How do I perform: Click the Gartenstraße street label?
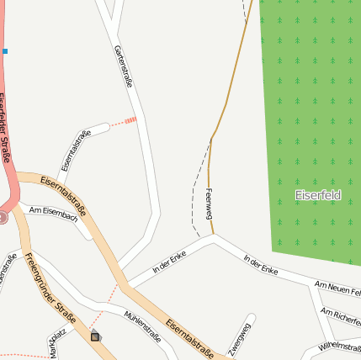pyautogui.click(x=123, y=66)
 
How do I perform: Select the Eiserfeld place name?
pyautogui.click(x=318, y=195)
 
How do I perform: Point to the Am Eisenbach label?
pyautogui.click(x=53, y=214)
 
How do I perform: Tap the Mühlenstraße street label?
pyautogui.click(x=142, y=326)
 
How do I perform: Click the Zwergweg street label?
pyautogui.click(x=240, y=337)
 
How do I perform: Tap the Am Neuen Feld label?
pyautogui.click(x=337, y=290)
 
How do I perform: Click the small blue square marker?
pyautogui.click(x=4, y=51)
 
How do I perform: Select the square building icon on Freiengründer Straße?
pyautogui.click(x=94, y=336)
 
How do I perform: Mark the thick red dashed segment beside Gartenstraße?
pyautogui.click(x=129, y=120)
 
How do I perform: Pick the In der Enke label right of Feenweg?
pyautogui.click(x=261, y=265)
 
